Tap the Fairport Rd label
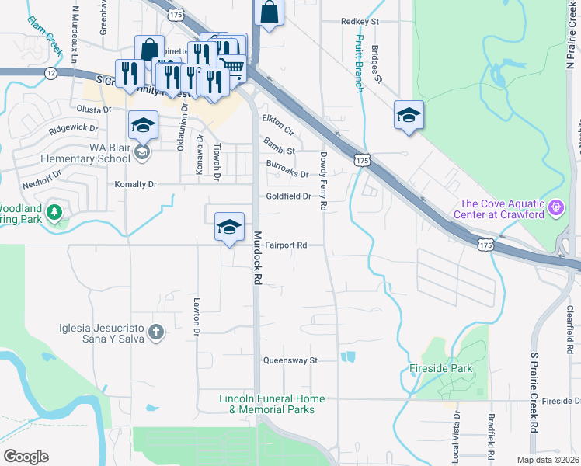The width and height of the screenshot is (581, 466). click(286, 245)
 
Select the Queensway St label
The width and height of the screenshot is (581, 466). click(291, 361)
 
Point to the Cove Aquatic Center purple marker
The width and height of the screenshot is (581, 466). click(556, 208)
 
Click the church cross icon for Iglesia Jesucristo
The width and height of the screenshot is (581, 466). click(156, 333)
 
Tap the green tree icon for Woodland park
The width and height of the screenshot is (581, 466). click(54, 211)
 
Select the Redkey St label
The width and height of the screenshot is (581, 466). click(359, 22)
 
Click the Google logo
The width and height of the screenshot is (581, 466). click(26, 457)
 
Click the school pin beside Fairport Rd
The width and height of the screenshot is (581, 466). click(229, 227)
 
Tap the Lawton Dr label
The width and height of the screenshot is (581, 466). click(197, 315)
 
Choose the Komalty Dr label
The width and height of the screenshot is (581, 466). click(136, 185)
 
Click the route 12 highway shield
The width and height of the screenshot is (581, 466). click(51, 73)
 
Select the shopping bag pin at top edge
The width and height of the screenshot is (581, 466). click(268, 12)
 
